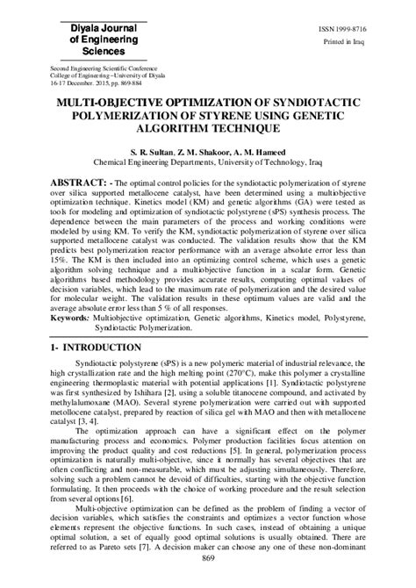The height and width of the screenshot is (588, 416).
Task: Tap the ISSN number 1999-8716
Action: [348, 30]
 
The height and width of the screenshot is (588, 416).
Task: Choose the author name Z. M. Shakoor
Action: [212, 153]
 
